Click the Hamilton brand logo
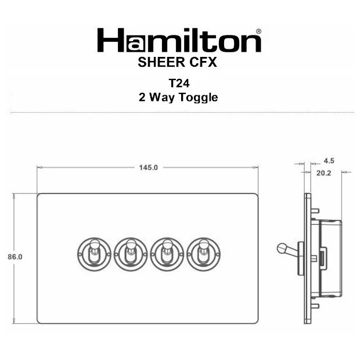click(x=179, y=40)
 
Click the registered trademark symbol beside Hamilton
click(x=258, y=31)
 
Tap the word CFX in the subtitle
click(x=203, y=62)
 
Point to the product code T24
click(x=179, y=83)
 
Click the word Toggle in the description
click(x=199, y=98)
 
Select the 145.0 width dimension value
click(x=148, y=168)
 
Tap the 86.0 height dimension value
click(x=15, y=257)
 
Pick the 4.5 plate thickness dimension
click(x=329, y=161)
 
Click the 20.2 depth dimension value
click(x=324, y=173)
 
